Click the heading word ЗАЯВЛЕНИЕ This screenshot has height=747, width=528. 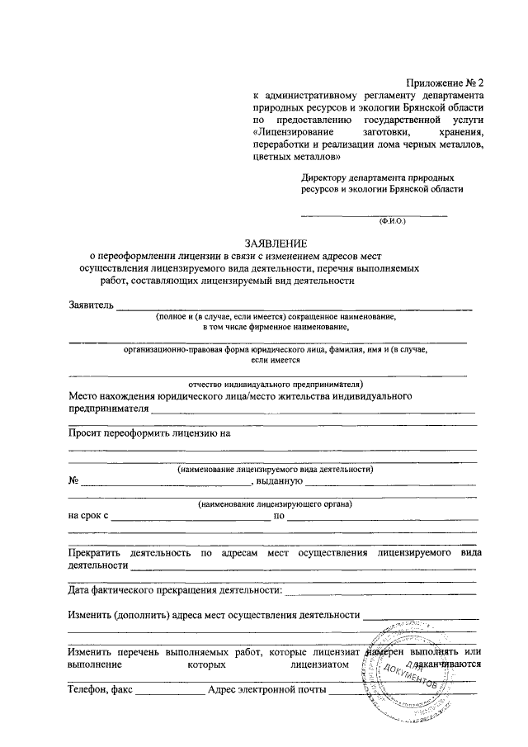click(x=275, y=243)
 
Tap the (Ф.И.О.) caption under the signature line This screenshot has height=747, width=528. click(x=392, y=222)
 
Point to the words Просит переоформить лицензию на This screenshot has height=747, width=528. click(x=148, y=433)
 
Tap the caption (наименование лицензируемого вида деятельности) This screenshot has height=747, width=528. click(x=276, y=469)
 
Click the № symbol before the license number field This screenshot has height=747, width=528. click(x=73, y=480)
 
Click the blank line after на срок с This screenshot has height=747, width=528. click(x=191, y=519)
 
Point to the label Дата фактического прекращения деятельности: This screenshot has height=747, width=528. click(x=175, y=590)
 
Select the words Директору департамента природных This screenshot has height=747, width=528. click(x=378, y=177)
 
